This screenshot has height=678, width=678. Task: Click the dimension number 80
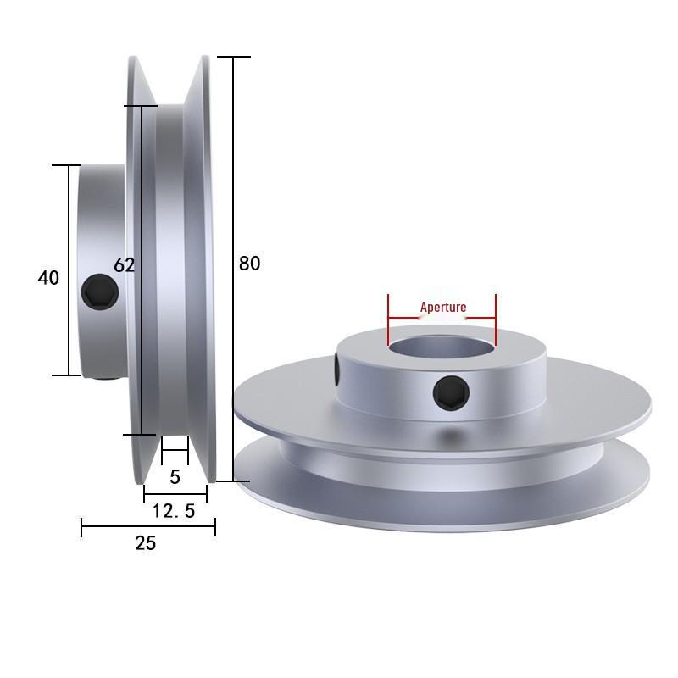(249, 264)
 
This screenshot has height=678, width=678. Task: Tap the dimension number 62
(125, 265)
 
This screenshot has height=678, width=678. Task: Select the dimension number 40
(49, 277)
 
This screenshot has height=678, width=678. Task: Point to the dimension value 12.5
(174, 511)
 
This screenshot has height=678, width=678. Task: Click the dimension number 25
(146, 543)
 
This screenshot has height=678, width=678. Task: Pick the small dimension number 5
(175, 477)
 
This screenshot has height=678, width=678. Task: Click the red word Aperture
(443, 307)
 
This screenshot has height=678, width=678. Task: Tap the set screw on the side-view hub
(100, 293)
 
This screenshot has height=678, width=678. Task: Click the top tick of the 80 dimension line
(233, 57)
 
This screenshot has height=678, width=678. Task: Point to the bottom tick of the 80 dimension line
(233, 481)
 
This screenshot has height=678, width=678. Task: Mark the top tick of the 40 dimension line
(68, 165)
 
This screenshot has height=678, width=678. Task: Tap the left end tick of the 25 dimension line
(81, 528)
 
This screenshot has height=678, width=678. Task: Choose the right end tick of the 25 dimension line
(215, 528)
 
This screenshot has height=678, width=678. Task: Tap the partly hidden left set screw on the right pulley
(337, 369)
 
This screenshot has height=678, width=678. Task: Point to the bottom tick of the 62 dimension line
(141, 435)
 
